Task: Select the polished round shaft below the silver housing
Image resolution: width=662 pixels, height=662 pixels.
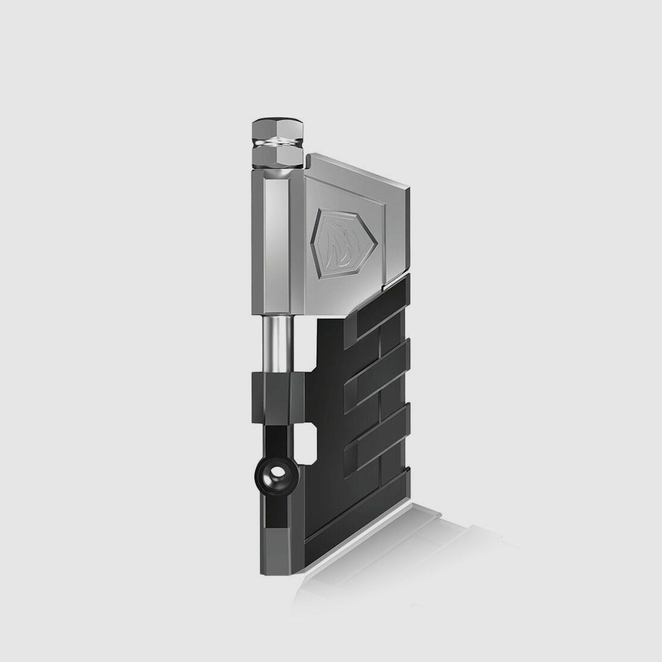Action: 277,344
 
